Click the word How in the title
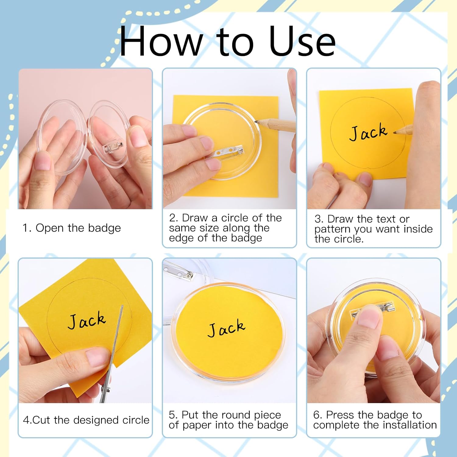161,41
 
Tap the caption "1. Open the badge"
72,228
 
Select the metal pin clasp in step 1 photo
113,147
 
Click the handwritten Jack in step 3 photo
368,133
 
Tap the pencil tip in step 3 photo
395,133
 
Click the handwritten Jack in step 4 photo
87,321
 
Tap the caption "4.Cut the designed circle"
86,420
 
